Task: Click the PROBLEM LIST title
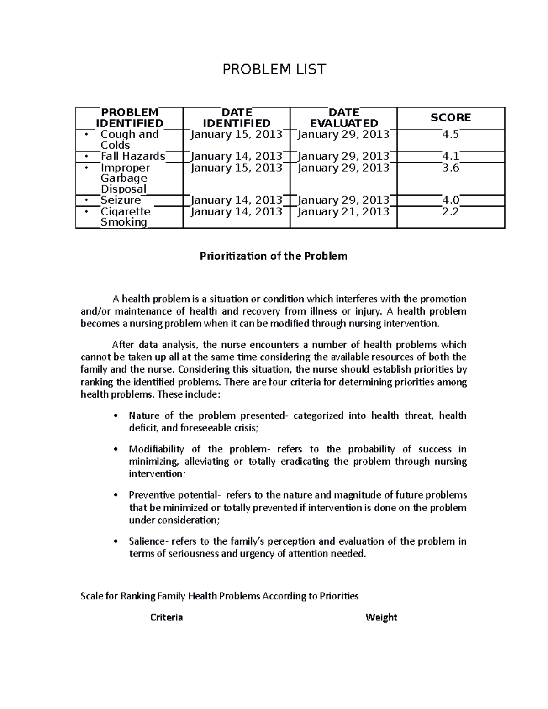274,69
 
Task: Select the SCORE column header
450,118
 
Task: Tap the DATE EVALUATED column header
343,118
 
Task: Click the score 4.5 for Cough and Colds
450,134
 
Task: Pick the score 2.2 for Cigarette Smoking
450,211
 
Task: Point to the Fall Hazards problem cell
132,156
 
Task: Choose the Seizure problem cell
121,200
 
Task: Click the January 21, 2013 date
343,211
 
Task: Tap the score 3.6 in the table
450,168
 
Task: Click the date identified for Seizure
237,200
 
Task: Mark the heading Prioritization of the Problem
274,256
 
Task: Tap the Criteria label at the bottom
167,618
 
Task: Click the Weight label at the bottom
381,618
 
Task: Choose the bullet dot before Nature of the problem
117,416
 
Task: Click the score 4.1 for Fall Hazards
450,156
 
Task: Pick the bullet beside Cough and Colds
86,135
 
